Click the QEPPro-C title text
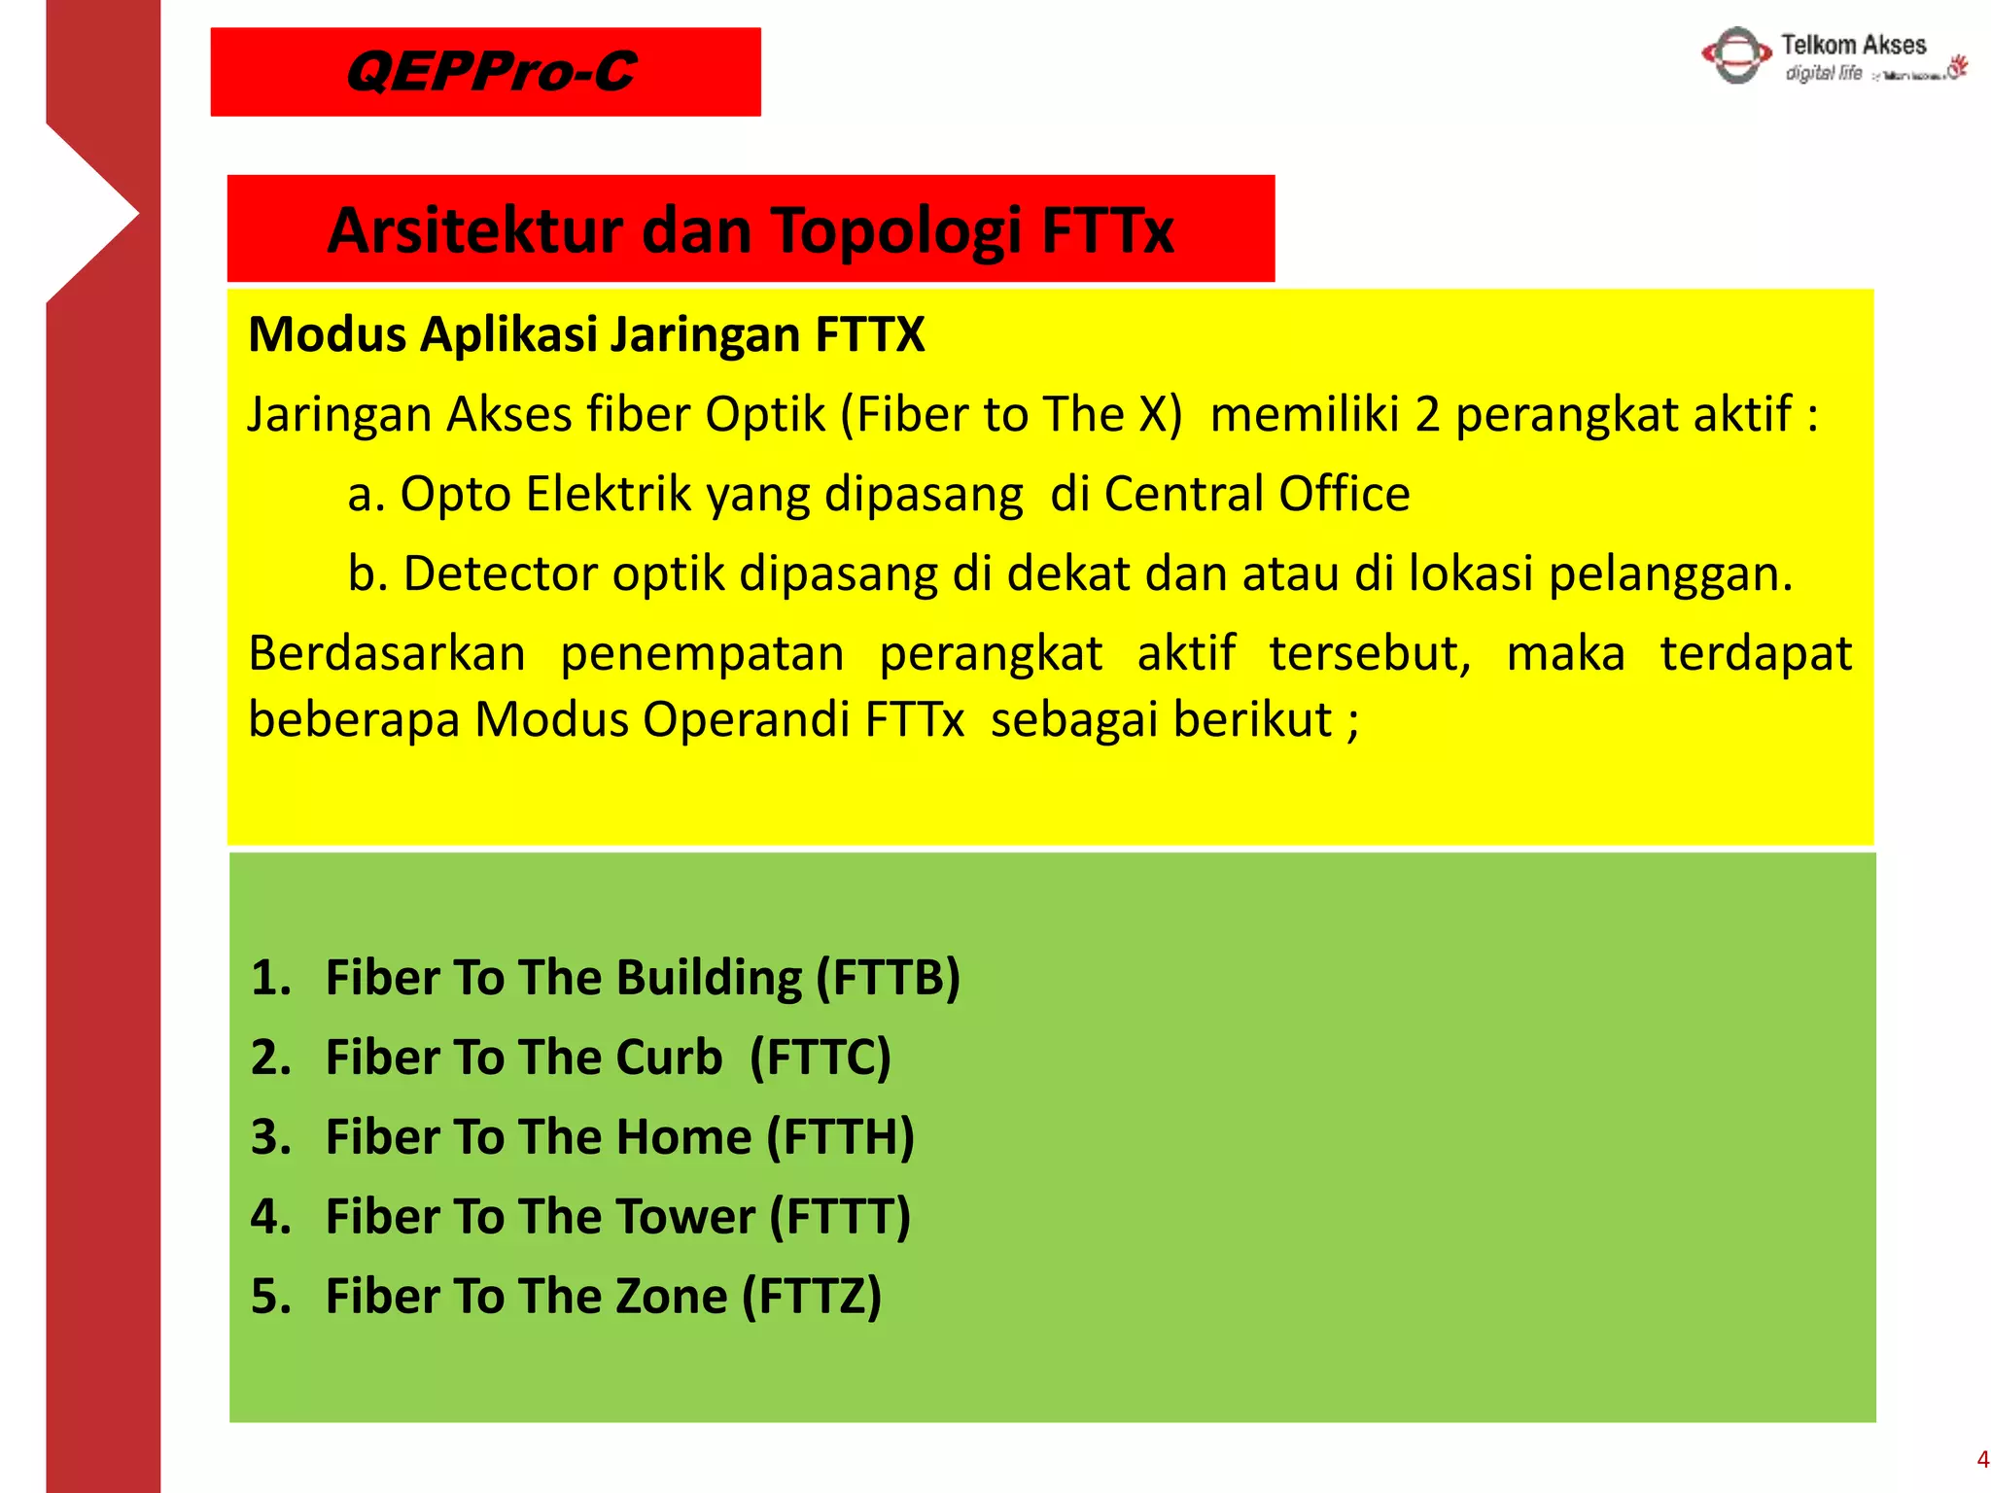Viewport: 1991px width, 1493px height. [x=490, y=72]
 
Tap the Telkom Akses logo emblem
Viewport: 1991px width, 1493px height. [x=1736, y=55]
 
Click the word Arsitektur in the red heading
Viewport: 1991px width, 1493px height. [x=475, y=231]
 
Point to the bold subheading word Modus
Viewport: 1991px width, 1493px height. [x=327, y=334]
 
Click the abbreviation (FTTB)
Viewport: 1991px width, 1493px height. [x=888, y=977]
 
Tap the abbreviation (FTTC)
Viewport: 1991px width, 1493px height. [x=820, y=1057]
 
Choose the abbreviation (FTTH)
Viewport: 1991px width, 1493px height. [x=840, y=1136]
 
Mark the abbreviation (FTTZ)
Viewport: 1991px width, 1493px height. [x=811, y=1296]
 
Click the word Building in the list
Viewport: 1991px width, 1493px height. [x=709, y=977]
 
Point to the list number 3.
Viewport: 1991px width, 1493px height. [x=270, y=1136]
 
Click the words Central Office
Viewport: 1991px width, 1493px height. [x=1256, y=494]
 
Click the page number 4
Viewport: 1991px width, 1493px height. [x=1981, y=1460]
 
